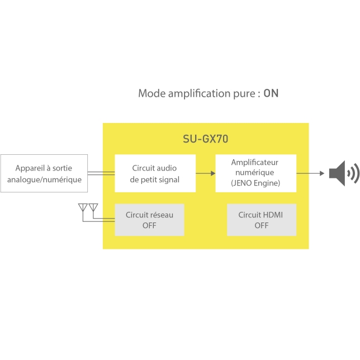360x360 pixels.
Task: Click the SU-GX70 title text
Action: coord(206,139)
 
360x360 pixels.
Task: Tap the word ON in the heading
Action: coord(271,93)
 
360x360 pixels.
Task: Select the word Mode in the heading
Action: coord(151,93)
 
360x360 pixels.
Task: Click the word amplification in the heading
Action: coord(199,94)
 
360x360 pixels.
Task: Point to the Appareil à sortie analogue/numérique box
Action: coord(44,173)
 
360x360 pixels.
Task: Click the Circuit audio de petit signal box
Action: coord(155,173)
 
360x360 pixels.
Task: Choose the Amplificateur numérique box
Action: coord(256,173)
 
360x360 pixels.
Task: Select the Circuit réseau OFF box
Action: coord(149,220)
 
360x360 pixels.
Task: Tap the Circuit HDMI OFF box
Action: coord(262,220)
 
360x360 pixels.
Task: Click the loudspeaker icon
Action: coord(344,173)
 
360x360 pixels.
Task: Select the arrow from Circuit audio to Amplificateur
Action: coord(206,173)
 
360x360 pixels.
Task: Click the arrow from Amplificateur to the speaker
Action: coord(310,173)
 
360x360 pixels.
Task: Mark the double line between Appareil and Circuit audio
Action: coord(101,173)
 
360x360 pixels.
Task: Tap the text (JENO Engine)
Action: coord(255,183)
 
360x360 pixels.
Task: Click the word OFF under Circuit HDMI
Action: coord(262,225)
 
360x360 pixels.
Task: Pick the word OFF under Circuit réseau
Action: coord(149,225)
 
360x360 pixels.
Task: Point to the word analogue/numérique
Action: coord(44,179)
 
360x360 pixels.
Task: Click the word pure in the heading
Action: coord(244,94)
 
